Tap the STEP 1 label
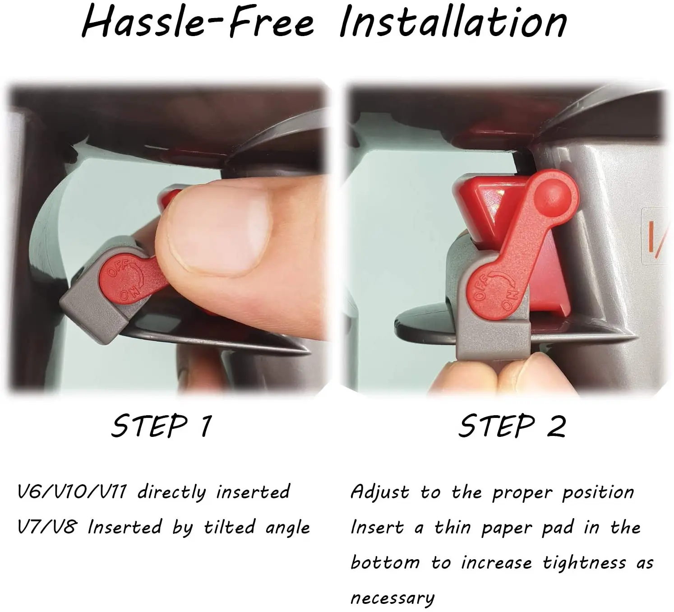tap(161, 426)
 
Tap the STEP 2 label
tap(512, 426)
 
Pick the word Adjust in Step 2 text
tap(380, 492)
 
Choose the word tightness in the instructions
tap(584, 563)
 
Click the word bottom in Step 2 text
tap(385, 563)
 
